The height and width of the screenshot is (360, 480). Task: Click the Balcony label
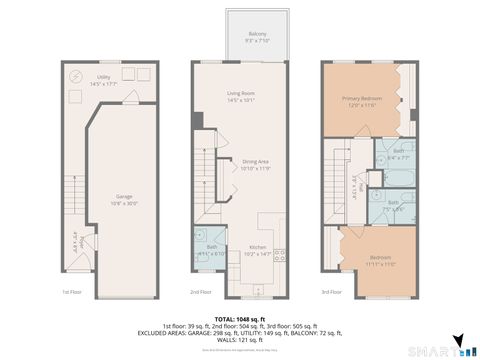tap(258, 38)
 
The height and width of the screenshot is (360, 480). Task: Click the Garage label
tap(124, 200)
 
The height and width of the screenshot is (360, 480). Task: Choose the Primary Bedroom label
tap(362, 101)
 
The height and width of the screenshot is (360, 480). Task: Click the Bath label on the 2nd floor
tap(212, 251)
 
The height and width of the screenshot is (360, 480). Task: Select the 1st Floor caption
tap(71, 292)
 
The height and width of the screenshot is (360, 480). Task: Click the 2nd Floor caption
tap(202, 292)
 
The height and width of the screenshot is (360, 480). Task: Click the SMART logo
tap(441, 351)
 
